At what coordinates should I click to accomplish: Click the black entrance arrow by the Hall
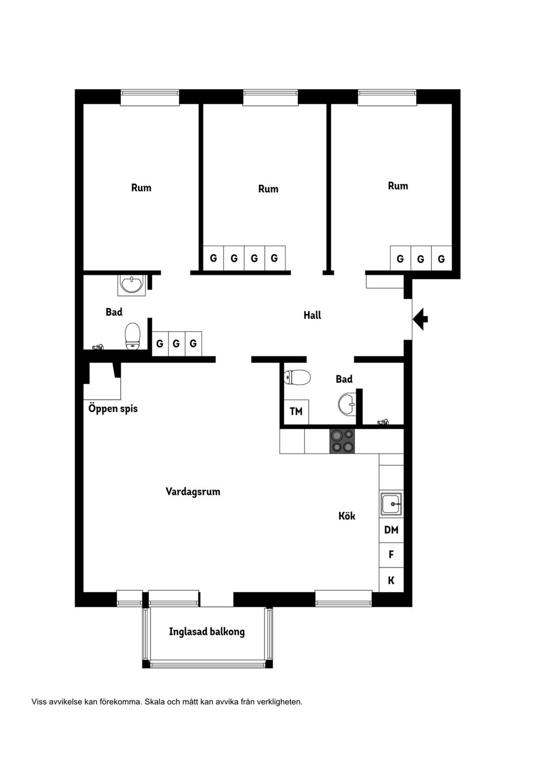[x=421, y=319]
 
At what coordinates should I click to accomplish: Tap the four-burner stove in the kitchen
[x=342, y=441]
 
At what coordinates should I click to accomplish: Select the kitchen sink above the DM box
[x=391, y=504]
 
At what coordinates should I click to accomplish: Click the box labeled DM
[x=391, y=530]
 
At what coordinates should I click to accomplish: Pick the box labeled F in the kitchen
[x=391, y=555]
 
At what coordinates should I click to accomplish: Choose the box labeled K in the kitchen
[x=391, y=580]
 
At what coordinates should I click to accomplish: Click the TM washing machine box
[x=296, y=412]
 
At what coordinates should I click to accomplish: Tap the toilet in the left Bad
[x=133, y=336]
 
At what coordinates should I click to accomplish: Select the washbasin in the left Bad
[x=132, y=285]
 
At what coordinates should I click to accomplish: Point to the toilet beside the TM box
[x=297, y=378]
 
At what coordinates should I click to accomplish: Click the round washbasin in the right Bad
[x=347, y=404]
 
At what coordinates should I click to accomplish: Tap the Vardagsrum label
[x=193, y=492]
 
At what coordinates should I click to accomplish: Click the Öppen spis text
[x=113, y=409]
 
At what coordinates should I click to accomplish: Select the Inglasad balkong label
[x=207, y=632]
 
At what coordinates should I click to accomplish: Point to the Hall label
[x=312, y=316]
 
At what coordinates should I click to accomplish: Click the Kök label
[x=347, y=516]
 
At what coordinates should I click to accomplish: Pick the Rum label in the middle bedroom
[x=268, y=189]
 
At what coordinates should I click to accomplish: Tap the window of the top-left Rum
[x=149, y=98]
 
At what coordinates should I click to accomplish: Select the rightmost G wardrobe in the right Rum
[x=441, y=259]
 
